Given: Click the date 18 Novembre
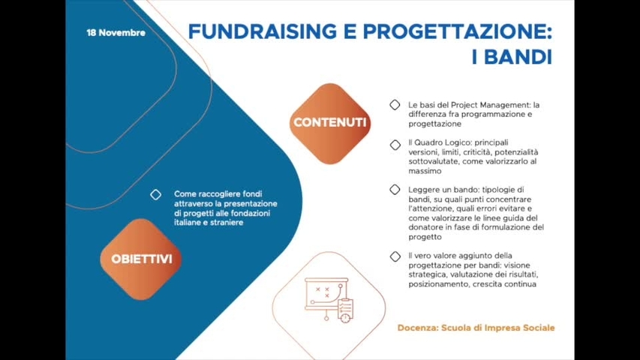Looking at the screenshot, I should [x=116, y=33].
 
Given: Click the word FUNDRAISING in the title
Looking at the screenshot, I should [x=261, y=31].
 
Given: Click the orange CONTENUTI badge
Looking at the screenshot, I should [x=330, y=123].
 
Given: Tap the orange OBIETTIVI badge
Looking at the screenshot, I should [x=141, y=259].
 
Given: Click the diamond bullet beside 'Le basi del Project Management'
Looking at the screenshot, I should [x=395, y=105].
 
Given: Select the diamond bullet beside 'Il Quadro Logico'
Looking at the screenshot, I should [x=395, y=144].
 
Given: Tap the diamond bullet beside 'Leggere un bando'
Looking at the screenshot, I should [x=395, y=190].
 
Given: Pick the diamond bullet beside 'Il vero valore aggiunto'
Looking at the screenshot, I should [x=395, y=256].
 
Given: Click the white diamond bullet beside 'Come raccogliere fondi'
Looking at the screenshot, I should [x=155, y=194].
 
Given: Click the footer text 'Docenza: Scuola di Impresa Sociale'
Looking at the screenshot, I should [x=476, y=328].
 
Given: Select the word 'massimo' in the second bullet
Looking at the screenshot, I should [x=425, y=170].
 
